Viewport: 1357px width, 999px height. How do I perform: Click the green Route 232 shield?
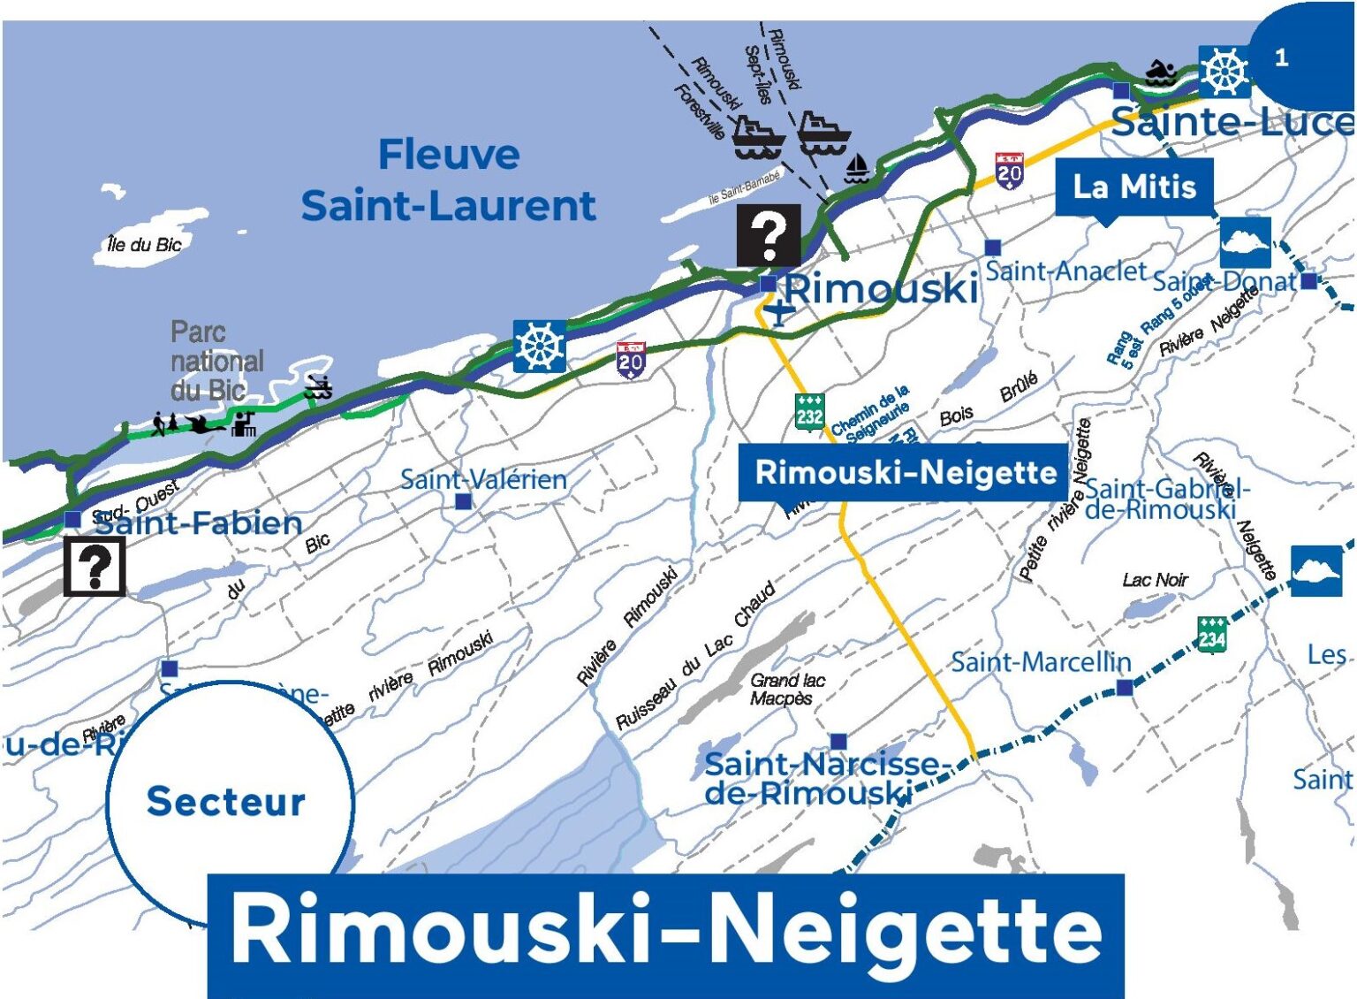809,412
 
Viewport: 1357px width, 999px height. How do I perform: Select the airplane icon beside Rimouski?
778,312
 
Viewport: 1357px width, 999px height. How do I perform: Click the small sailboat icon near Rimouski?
856,168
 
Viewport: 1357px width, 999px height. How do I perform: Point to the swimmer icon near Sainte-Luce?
1160,72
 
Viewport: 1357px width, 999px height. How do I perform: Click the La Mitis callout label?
1134,187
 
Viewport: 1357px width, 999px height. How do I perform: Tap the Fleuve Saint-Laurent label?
448,180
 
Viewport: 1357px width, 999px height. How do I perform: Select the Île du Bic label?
143,244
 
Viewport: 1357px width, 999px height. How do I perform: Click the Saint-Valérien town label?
483,479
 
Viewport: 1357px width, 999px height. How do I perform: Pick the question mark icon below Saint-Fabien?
95,567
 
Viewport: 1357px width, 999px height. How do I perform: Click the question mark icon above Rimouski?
769,235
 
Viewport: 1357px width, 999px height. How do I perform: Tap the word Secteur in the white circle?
226,801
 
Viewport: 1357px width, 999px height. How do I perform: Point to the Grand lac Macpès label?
786,689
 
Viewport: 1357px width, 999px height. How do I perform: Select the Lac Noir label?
1155,580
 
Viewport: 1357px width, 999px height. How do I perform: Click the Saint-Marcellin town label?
1040,662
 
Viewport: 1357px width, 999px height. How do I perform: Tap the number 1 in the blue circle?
1281,58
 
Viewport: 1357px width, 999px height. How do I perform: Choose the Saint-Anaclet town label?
1065,271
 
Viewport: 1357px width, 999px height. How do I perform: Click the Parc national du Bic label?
216,361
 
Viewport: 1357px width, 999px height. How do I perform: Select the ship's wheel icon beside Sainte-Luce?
1224,71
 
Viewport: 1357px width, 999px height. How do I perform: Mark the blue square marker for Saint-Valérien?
463,502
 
